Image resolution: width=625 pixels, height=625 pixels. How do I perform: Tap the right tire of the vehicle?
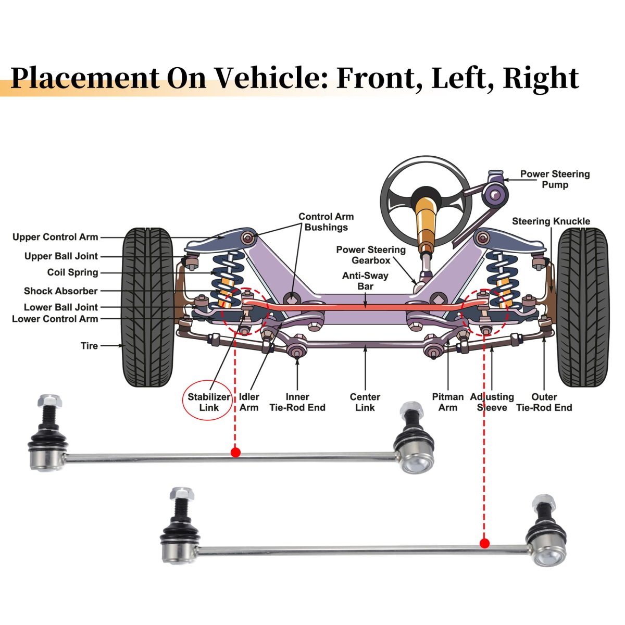pos(582,307)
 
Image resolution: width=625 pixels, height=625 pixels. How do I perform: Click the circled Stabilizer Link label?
pos(209,402)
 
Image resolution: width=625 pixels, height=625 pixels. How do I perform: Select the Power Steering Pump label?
pos(555,179)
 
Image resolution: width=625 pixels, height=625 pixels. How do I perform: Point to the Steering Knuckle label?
pos(551,221)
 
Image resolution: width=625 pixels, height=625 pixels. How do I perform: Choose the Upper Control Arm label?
pos(55,238)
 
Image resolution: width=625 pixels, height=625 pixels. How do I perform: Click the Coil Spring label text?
pos(72,272)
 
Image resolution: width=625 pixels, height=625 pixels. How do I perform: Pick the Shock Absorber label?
pos(60,291)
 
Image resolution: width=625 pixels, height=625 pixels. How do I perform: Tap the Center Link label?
pos(365,402)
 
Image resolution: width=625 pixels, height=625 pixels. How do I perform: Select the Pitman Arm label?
pos(447,402)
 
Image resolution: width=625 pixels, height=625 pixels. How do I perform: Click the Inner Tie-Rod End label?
pos(297,402)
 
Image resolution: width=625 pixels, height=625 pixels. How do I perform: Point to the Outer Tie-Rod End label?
pos(544,402)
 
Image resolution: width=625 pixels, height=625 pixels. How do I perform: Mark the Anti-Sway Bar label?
pos(365,281)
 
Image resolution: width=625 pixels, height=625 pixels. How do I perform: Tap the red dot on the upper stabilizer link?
pos(235,452)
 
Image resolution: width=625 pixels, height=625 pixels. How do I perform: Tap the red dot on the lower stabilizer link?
pos(484,544)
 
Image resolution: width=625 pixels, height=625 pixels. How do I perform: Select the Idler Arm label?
pos(249,402)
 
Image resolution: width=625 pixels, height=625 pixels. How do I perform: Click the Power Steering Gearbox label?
pos(371,255)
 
